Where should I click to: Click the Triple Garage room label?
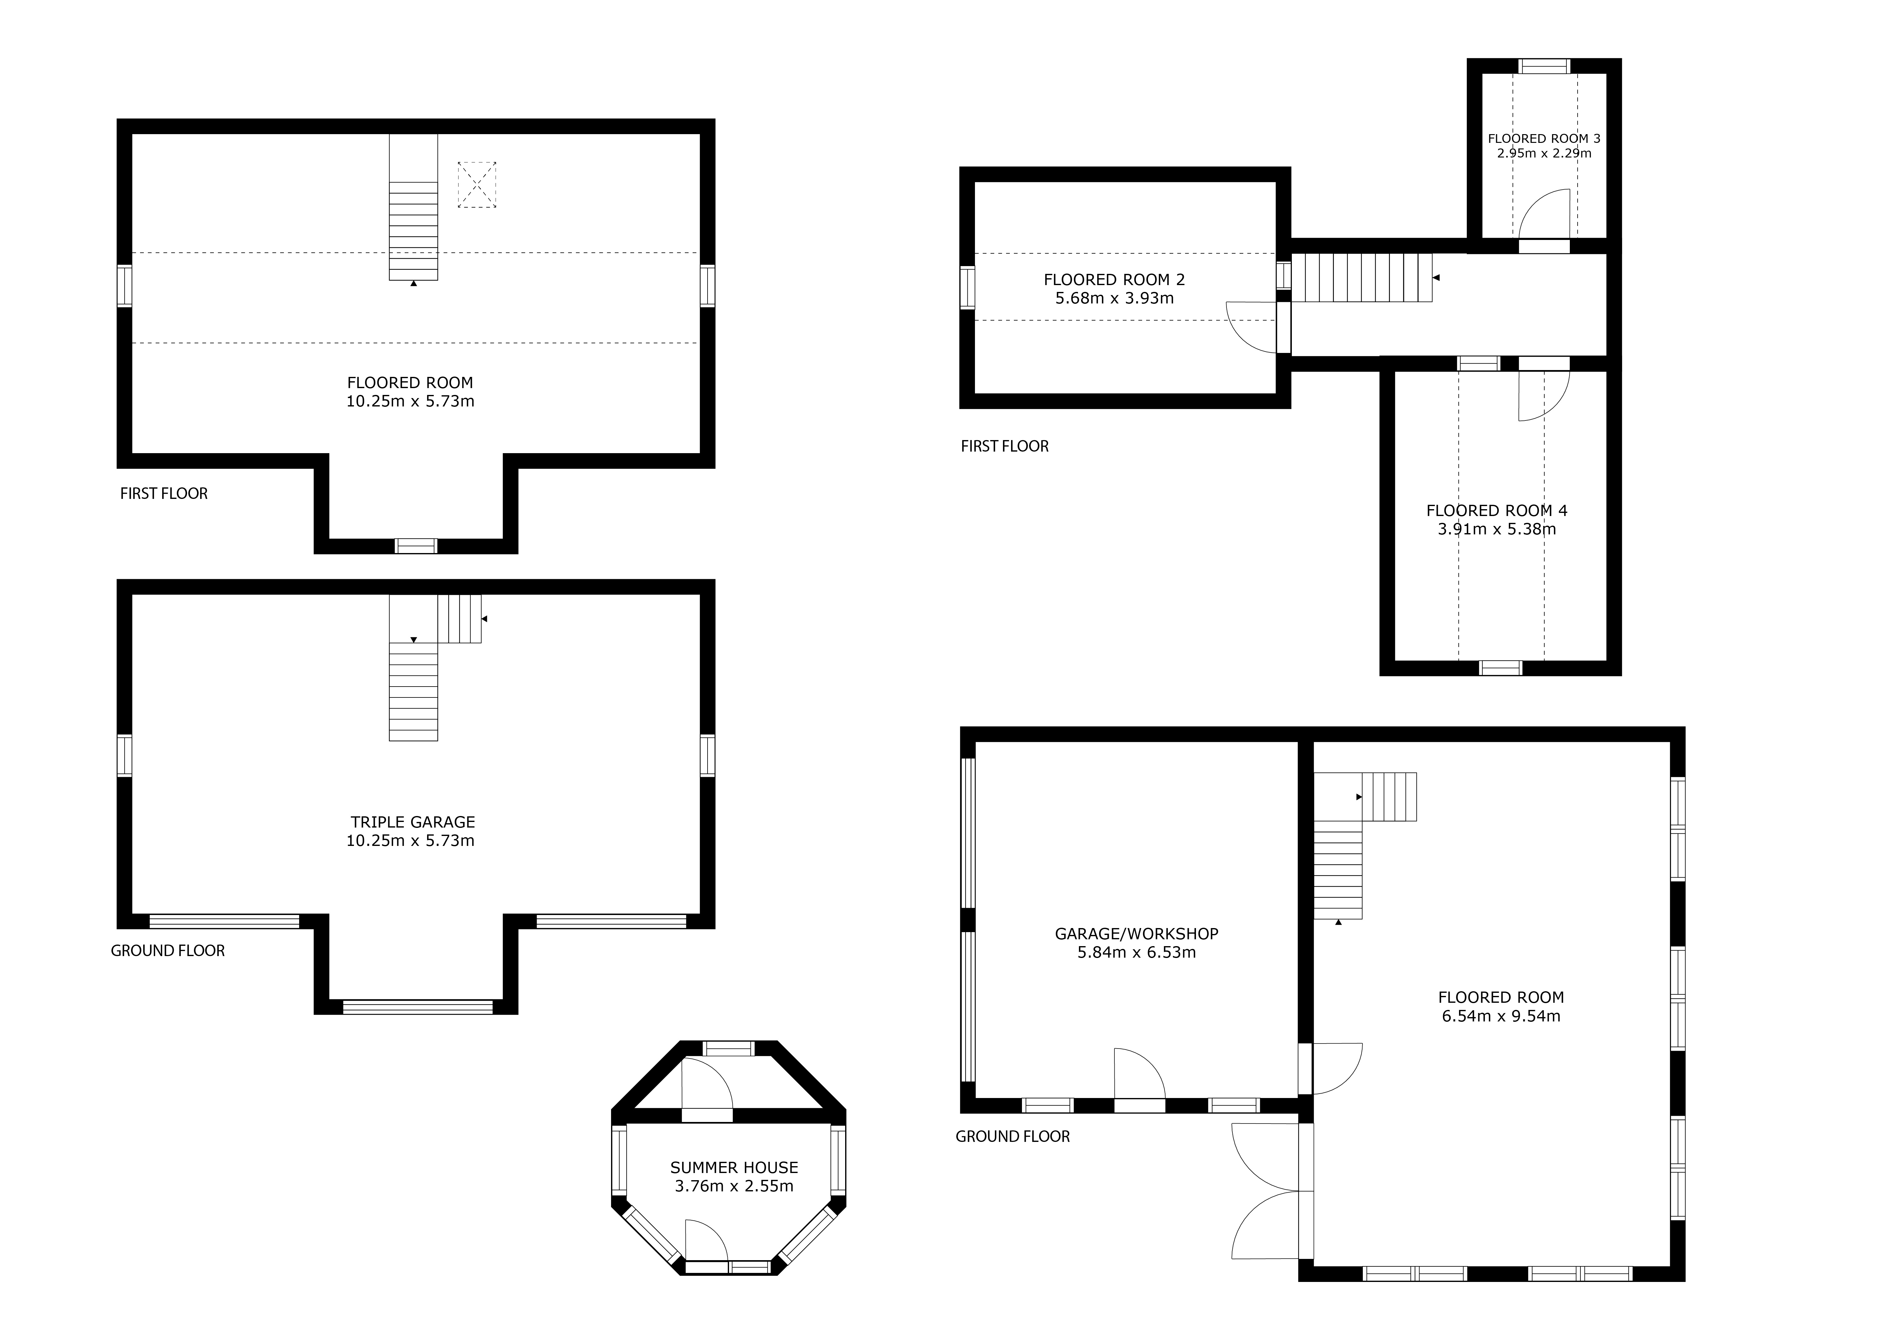point(413,822)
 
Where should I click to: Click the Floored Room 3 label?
point(1544,139)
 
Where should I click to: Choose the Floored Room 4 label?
point(1497,510)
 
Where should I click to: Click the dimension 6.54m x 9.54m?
point(1501,1016)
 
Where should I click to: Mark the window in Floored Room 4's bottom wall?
point(1501,668)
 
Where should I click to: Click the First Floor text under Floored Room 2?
point(1005,447)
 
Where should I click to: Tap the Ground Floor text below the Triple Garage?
point(168,951)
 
